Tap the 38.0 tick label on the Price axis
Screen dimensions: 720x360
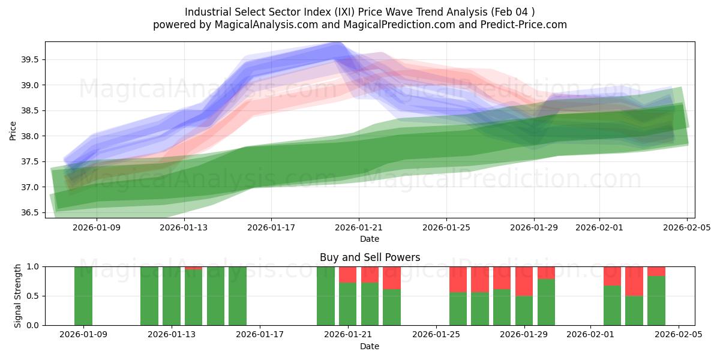click(31, 136)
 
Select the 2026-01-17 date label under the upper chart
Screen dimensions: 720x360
click(271, 227)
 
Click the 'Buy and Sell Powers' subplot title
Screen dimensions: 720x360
click(370, 257)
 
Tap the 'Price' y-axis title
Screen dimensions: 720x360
click(13, 130)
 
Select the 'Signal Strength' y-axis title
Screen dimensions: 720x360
click(18, 296)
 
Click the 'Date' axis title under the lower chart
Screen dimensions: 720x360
click(370, 346)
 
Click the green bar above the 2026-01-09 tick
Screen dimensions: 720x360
click(83, 296)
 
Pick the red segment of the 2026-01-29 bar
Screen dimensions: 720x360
click(524, 281)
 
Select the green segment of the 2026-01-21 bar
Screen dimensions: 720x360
click(348, 304)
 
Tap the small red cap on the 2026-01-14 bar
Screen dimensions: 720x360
click(194, 268)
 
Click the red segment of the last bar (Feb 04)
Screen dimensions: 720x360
click(656, 271)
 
